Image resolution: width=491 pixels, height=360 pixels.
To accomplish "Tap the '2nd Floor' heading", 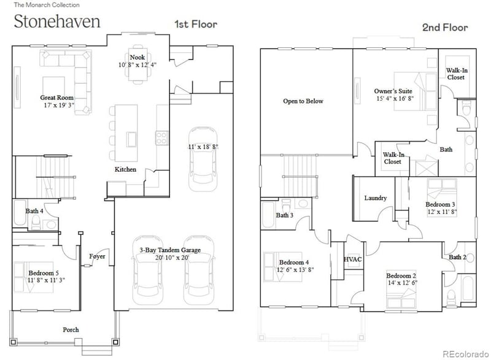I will tap(444, 28).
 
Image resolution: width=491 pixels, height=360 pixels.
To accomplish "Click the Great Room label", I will tap(57, 98).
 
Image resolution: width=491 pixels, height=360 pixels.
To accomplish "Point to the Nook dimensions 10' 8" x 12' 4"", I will tap(137, 64).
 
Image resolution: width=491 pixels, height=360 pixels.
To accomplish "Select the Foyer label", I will tap(97, 256).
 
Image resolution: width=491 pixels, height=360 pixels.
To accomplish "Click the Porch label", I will tap(71, 330).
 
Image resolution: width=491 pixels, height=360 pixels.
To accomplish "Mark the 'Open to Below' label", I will tap(303, 101).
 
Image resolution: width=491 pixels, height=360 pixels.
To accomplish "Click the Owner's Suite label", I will tap(393, 91).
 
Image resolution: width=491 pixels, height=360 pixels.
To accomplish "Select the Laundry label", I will tap(375, 198).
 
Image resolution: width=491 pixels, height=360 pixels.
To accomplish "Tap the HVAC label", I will tap(353, 259).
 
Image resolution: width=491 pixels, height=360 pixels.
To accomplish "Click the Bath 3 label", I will tap(284, 215).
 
